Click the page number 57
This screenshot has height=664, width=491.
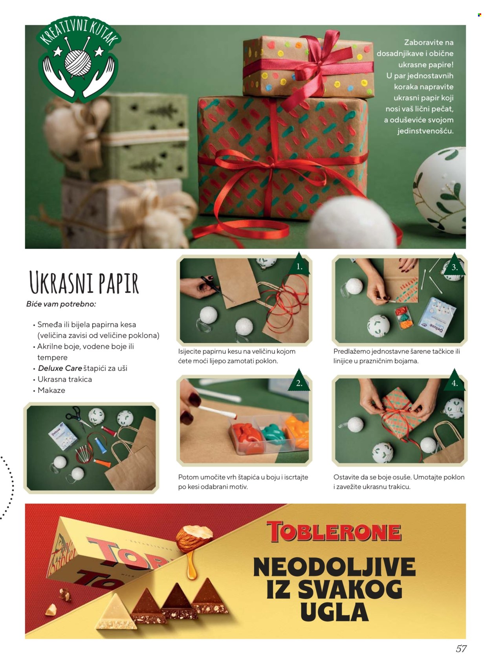(461, 649)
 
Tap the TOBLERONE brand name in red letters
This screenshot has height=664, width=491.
(334, 532)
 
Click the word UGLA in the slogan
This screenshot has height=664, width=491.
(334, 613)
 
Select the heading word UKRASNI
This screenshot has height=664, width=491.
(57, 282)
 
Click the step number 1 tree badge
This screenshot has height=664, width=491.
(299, 265)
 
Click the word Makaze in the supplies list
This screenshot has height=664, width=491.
(51, 390)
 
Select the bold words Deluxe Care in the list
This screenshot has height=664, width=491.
(60, 368)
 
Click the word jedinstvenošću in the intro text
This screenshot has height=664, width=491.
(425, 131)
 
